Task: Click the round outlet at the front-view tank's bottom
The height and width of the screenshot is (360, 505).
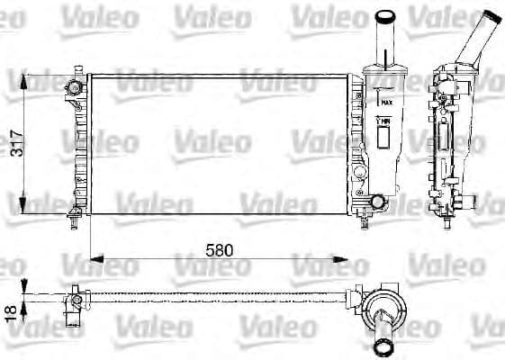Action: point(378,201)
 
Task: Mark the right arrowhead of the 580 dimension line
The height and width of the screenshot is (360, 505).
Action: point(352,260)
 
